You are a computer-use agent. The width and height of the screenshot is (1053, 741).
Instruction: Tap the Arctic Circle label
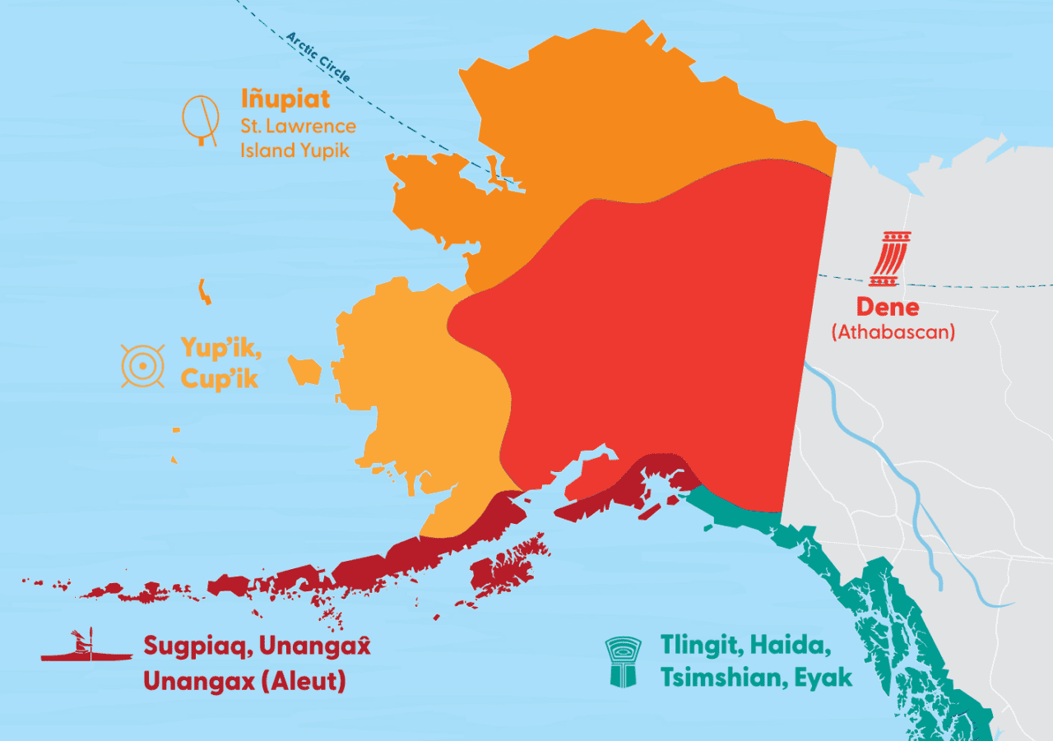pyautogui.click(x=318, y=57)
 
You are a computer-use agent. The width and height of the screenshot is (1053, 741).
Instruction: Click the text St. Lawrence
pyautogui.click(x=298, y=126)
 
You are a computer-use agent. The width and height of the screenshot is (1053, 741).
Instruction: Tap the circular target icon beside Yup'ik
pyautogui.click(x=143, y=365)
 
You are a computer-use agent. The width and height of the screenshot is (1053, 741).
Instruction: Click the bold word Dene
pyautogui.click(x=887, y=307)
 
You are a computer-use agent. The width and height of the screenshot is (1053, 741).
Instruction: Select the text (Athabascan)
pyautogui.click(x=893, y=332)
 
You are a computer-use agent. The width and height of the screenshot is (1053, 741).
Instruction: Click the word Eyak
pyautogui.click(x=824, y=677)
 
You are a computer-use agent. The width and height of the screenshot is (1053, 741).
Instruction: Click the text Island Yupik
pyautogui.click(x=295, y=151)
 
